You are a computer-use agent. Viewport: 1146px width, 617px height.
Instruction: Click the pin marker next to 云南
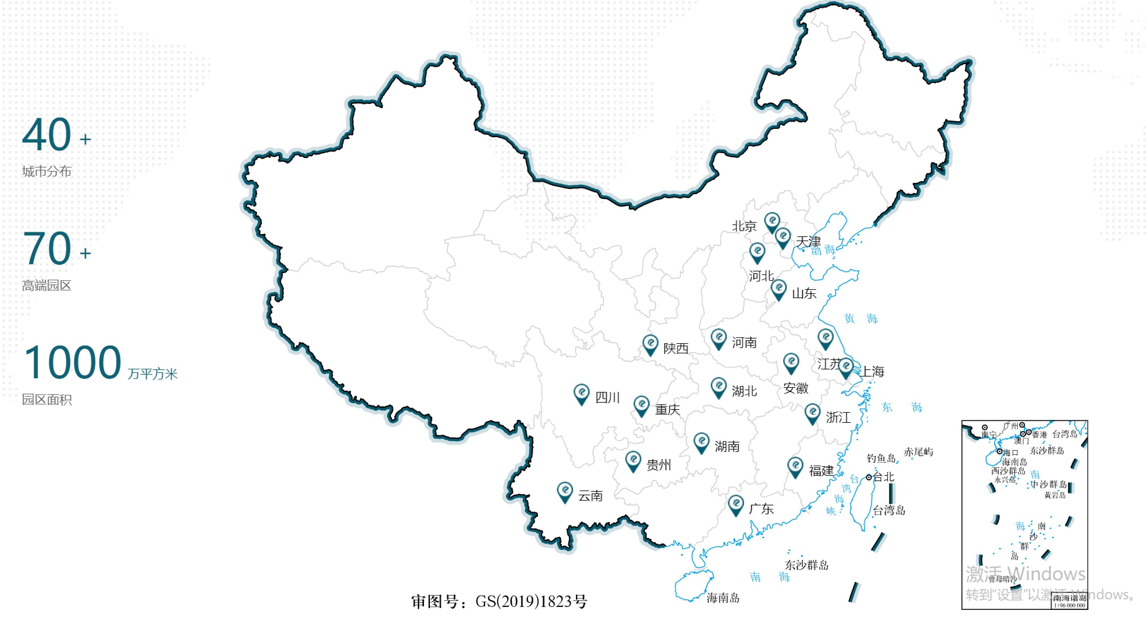565,492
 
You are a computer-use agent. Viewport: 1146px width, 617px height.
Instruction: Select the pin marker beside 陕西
650,344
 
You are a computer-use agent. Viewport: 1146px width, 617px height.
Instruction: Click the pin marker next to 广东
736,505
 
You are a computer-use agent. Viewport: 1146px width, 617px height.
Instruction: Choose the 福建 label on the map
821,471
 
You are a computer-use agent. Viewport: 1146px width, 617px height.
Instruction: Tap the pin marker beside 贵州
633,461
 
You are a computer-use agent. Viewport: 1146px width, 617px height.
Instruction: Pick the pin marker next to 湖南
702,442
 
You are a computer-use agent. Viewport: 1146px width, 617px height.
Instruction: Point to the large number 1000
72,363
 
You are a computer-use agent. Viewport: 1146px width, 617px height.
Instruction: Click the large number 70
47,248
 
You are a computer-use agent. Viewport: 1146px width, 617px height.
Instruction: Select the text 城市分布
47,171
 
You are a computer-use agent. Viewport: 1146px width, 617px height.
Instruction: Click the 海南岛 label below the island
723,598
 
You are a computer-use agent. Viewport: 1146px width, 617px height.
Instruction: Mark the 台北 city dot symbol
868,477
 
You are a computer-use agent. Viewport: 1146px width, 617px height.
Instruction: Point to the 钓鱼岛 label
881,458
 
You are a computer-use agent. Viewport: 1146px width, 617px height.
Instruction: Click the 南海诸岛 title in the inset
1069,598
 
